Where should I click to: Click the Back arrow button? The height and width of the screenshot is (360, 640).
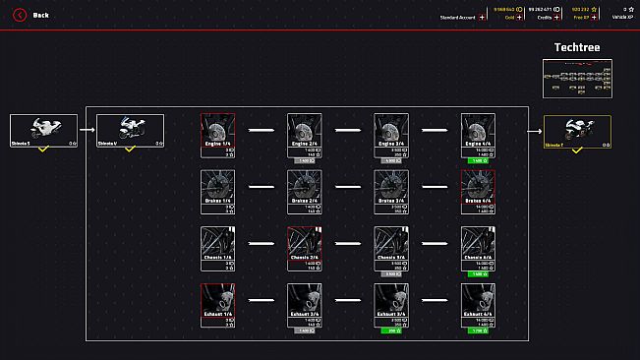tap(18, 15)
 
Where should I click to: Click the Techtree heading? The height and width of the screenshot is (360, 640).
tap(576, 47)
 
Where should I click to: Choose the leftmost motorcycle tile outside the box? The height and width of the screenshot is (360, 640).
tap(43, 131)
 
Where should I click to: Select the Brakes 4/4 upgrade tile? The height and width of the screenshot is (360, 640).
tap(479, 191)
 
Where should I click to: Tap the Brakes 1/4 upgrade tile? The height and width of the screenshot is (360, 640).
tap(217, 191)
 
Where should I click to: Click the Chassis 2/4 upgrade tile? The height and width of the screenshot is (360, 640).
tap(304, 248)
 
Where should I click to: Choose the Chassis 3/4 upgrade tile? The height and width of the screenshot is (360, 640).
tap(391, 248)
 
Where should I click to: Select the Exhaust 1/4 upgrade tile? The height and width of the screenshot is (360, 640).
tap(217, 305)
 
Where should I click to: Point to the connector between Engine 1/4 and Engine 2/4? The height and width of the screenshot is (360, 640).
tap(261, 129)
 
